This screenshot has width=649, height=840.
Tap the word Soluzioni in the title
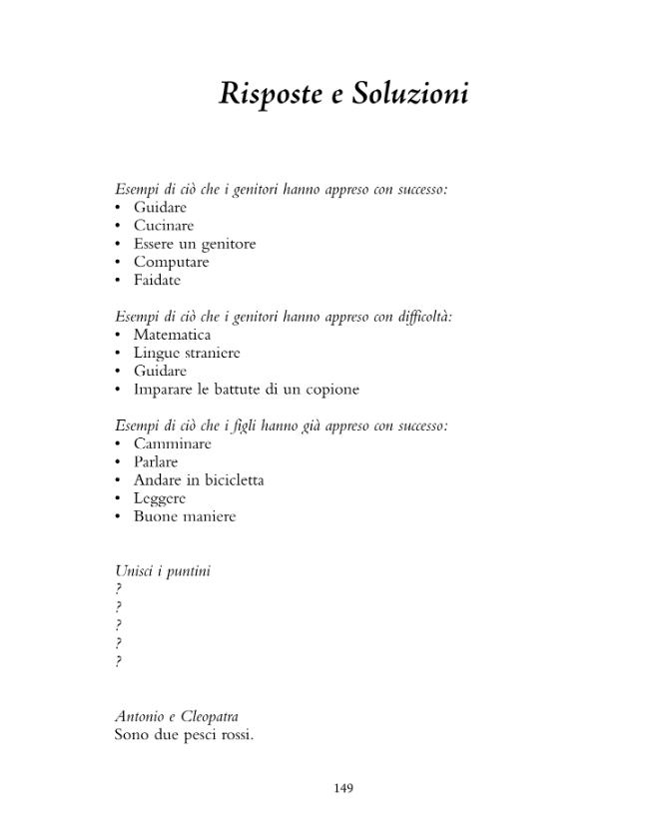point(410,94)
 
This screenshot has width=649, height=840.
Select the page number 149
point(343,788)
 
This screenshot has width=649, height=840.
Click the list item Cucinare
point(164,226)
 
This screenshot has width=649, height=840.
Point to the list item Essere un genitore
point(195,244)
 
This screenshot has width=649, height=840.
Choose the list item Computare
point(171,262)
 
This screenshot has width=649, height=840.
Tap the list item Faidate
point(157,280)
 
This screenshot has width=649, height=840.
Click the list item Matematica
point(172,335)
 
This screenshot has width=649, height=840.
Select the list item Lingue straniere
point(187,353)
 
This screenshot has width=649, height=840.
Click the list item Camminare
point(173,443)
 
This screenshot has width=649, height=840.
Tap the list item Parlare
point(156,461)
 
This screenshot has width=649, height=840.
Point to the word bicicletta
point(229,480)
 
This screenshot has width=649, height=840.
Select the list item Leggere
point(160,498)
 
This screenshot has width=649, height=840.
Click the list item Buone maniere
point(185,516)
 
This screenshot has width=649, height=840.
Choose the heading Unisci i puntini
point(163,571)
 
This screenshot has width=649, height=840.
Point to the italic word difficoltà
point(425,317)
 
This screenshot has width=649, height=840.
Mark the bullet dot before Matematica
point(118,335)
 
